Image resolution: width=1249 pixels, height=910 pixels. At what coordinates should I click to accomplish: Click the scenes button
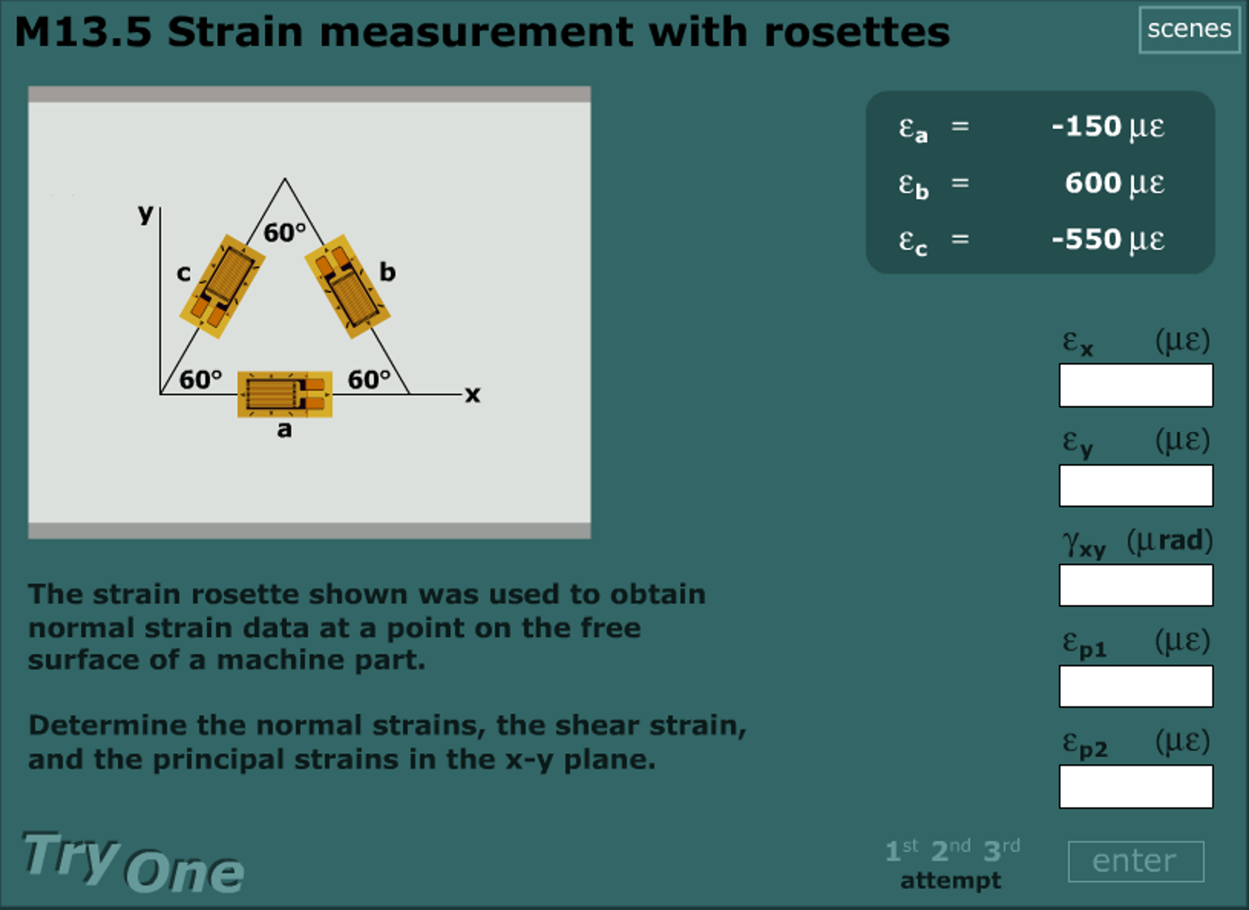[1189, 29]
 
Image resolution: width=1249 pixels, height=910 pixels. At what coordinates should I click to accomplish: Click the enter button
[1135, 861]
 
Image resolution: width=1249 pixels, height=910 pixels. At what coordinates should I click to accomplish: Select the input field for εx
[1135, 385]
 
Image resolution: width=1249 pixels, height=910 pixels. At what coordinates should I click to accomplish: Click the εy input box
[1135, 485]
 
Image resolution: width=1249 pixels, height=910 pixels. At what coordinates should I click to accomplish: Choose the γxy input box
[1135, 585]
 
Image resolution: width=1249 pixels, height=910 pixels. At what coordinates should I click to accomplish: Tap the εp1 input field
[1135, 686]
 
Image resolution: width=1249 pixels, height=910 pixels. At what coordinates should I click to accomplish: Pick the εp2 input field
[1135, 786]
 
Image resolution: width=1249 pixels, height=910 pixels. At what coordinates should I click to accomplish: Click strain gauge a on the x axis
[284, 394]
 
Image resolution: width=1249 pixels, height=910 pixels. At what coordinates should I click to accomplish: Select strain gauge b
[347, 286]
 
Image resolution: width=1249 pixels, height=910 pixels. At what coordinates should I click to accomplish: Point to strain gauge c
[222, 286]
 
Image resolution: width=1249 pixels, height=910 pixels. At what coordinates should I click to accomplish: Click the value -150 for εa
[1086, 126]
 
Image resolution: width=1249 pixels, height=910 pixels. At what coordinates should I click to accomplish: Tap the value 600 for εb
[1093, 182]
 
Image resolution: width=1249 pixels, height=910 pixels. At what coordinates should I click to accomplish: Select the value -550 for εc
[1086, 239]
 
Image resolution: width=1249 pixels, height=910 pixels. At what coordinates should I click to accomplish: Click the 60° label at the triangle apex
[284, 233]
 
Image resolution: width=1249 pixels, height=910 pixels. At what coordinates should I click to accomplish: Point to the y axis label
[145, 213]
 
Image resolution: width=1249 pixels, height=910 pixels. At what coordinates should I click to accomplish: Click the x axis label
[472, 394]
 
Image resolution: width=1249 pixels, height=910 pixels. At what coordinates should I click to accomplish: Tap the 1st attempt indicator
[901, 850]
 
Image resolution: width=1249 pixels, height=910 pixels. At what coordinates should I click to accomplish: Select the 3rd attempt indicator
[1001, 850]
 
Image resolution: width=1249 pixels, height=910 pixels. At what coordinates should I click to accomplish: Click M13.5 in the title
[83, 32]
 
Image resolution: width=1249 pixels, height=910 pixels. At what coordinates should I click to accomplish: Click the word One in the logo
[184, 872]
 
